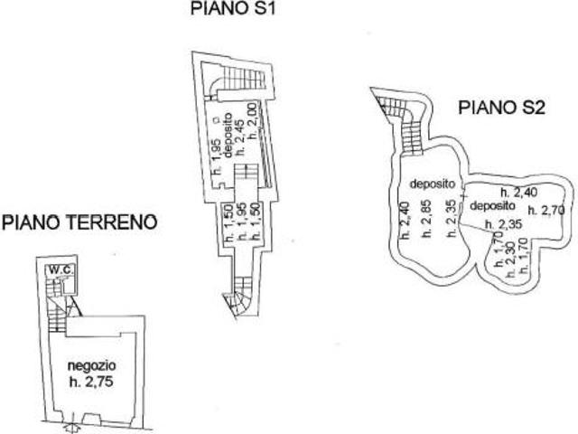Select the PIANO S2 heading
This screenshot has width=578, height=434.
coord(501,108)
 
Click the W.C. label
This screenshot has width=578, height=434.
coord(61,269)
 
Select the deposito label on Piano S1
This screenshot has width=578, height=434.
coord(227,134)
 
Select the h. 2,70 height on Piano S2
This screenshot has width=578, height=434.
coord(545,210)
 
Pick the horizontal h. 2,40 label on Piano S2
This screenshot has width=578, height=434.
coord(521,191)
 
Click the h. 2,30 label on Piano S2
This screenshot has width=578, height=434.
coord(510,256)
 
